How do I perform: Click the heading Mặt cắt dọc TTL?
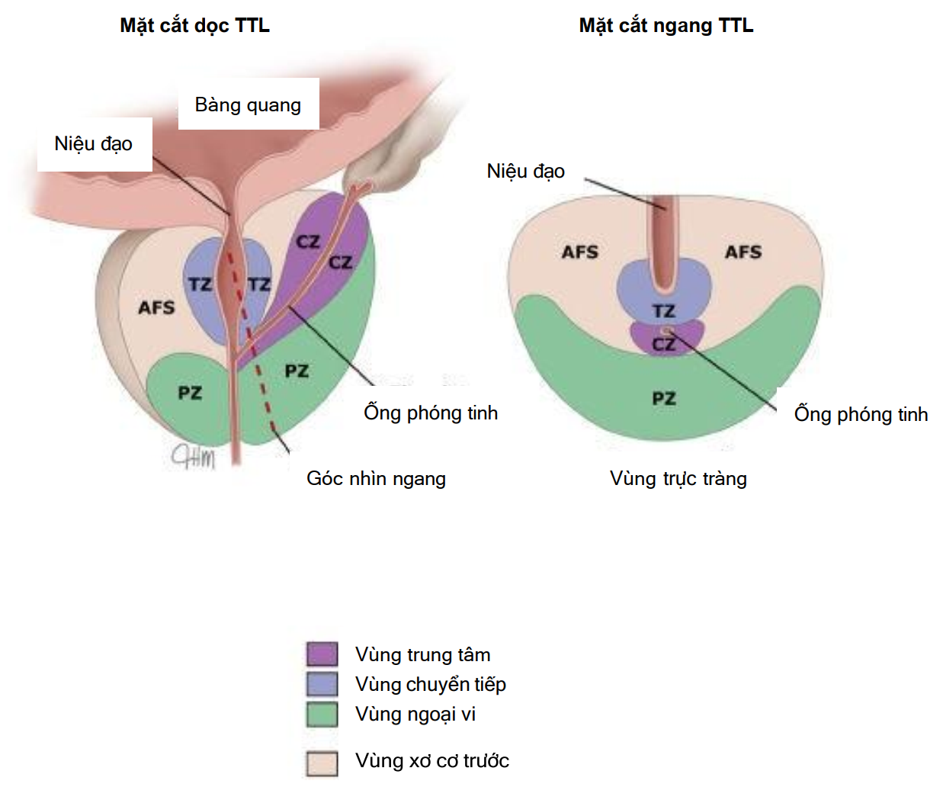[194, 25]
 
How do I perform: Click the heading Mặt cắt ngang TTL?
[666, 25]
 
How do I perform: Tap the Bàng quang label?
[248, 104]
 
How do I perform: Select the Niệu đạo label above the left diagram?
[93, 143]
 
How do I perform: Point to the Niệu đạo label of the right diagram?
[525, 171]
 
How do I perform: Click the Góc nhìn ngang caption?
[376, 478]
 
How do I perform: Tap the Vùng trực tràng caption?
[678, 478]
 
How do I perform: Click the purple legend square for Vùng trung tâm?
[322, 654]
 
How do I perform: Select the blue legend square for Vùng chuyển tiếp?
[322, 684]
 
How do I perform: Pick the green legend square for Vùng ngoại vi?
[322, 714]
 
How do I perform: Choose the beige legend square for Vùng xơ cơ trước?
[322, 763]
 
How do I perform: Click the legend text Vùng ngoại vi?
[415, 714]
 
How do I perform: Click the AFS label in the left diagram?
[156, 307]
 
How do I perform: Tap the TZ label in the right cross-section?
[664, 311]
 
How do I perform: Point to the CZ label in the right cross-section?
[663, 344]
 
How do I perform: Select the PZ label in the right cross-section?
[664, 398]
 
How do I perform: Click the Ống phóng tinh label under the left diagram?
[431, 413]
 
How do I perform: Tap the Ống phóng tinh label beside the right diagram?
[861, 414]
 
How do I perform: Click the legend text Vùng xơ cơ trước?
[431, 760]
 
